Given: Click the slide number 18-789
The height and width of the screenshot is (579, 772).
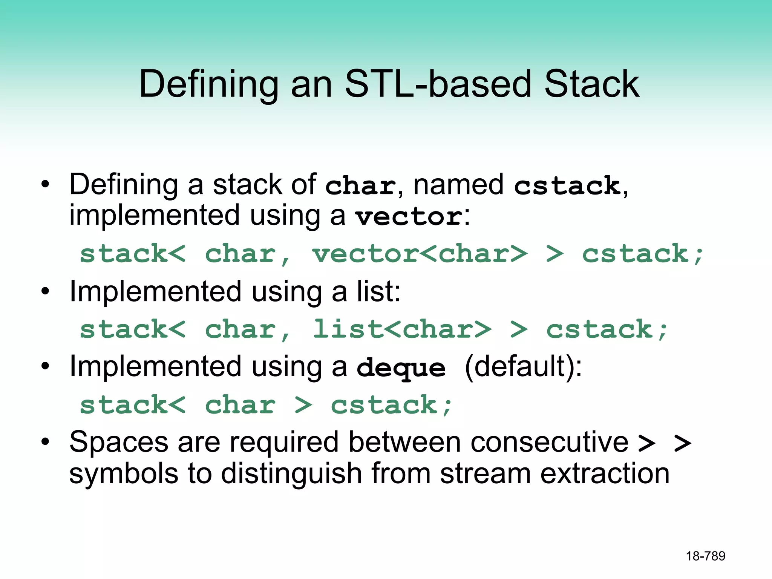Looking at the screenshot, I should (705, 556).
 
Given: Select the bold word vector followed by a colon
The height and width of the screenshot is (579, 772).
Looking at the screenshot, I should (409, 217).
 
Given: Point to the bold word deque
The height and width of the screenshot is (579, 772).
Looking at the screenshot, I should (401, 368).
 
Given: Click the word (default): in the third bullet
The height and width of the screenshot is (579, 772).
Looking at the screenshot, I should (523, 366).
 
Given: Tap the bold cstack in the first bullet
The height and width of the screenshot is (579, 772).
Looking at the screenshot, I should (567, 185).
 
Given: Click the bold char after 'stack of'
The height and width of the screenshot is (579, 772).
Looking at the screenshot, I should (360, 185).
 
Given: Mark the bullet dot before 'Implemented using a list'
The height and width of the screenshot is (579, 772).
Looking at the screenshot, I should (45, 291).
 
